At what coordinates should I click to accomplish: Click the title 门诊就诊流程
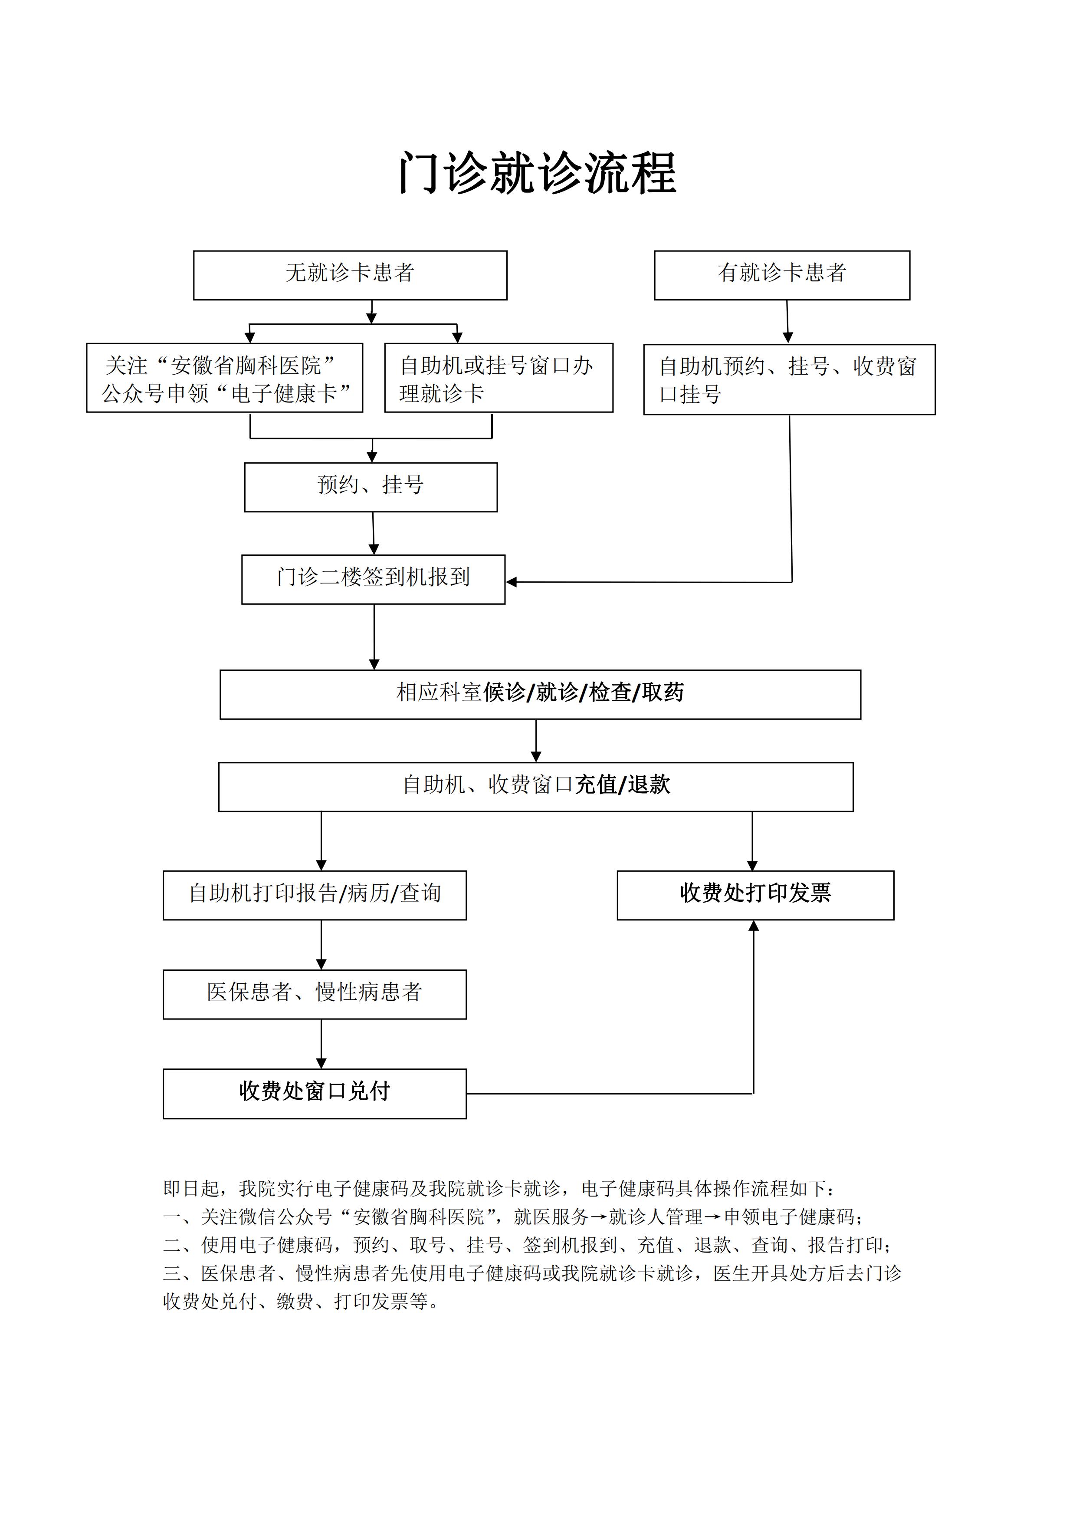[537, 173]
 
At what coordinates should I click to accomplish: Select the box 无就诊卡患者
[350, 275]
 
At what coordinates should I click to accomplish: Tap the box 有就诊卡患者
[782, 275]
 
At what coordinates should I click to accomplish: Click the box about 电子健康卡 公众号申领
[225, 377]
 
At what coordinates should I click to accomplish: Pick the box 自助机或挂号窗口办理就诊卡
[499, 377]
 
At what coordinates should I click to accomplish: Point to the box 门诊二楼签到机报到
[373, 579]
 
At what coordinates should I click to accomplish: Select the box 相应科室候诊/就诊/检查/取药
[540, 695]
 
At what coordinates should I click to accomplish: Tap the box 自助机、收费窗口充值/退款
[536, 787]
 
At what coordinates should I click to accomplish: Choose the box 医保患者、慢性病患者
[315, 994]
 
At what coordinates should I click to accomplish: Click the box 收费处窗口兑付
[315, 1094]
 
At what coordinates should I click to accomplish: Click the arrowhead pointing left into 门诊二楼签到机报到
[511, 582]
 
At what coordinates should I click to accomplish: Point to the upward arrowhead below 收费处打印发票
[753, 925]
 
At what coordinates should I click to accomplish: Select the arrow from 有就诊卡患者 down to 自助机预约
[787, 322]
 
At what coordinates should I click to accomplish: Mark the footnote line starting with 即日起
[499, 1188]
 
